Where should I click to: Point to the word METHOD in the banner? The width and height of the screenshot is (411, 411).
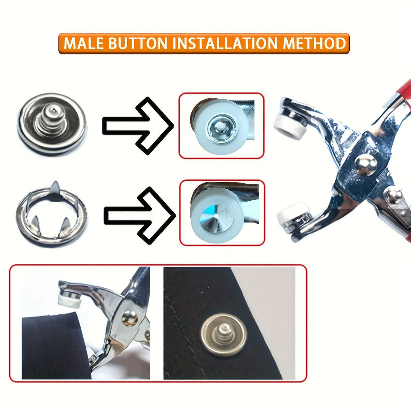tap(314, 43)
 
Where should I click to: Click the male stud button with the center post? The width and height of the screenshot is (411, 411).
tap(52, 124)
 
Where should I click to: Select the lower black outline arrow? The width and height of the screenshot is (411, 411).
tap(139, 215)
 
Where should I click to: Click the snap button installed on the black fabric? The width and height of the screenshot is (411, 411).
tap(223, 332)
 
